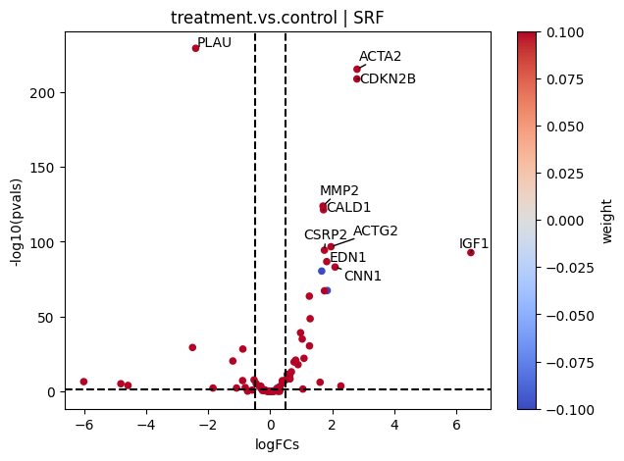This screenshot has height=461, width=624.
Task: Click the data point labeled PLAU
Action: click(195, 48)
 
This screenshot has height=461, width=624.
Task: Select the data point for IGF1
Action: click(471, 252)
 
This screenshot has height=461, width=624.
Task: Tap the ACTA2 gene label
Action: click(380, 57)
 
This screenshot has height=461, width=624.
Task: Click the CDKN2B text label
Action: click(388, 78)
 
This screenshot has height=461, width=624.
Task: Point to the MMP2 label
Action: click(339, 190)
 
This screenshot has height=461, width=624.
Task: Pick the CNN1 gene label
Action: click(363, 276)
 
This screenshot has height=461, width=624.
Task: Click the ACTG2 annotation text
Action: click(375, 230)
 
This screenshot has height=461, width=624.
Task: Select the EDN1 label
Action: click(348, 257)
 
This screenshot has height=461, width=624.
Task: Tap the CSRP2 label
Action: click(326, 234)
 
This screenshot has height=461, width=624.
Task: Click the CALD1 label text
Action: click(348, 207)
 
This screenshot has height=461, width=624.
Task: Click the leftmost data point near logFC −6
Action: click(83, 382)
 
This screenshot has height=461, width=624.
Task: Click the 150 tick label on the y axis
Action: click(42, 168)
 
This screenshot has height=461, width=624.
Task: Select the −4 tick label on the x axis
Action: click(146, 425)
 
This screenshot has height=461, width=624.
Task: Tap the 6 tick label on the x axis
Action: click(456, 425)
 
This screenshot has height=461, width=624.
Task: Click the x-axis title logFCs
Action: click(277, 444)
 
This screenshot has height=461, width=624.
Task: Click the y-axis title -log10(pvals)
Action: click(17, 223)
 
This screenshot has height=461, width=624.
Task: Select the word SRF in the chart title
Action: click(368, 18)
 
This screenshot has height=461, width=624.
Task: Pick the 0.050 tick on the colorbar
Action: click(565, 127)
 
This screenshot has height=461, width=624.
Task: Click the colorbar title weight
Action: click(606, 221)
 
